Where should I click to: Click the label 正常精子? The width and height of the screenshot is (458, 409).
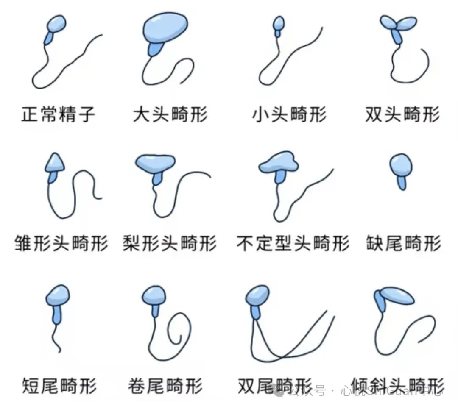pyautogui.click(x=59, y=114)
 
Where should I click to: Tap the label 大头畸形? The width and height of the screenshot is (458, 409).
pyautogui.click(x=170, y=114)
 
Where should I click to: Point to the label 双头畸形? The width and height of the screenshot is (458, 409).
pyautogui.click(x=402, y=114)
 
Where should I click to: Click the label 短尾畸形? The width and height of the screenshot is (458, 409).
pyautogui.click(x=59, y=386)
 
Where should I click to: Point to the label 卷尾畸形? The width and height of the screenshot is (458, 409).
pyautogui.click(x=165, y=386)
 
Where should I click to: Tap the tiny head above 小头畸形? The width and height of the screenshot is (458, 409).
pyautogui.click(x=279, y=23)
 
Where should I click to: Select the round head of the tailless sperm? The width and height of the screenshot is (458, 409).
pyautogui.click(x=401, y=164)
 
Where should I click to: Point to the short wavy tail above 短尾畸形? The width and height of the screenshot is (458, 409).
pyautogui.click(x=56, y=337)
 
